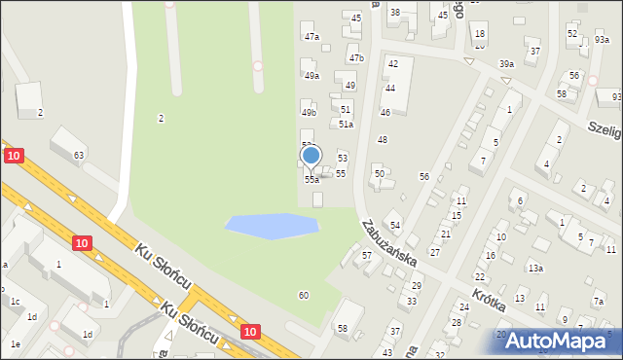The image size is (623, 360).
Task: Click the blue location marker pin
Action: pyautogui.click(x=311, y=156)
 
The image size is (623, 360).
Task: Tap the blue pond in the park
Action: pyautogui.click(x=272, y=226)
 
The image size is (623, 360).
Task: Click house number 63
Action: pyautogui.click(x=79, y=156)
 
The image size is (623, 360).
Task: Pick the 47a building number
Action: pyautogui.click(x=311, y=36)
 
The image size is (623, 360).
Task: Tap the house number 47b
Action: pyautogui.click(x=356, y=58)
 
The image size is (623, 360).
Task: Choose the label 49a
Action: pyautogui.click(x=311, y=75)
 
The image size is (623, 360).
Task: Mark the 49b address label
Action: pyautogui.click(x=309, y=112)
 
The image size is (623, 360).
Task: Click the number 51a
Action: pyautogui.click(x=345, y=125)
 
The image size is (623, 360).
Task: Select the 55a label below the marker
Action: pyautogui.click(x=311, y=180)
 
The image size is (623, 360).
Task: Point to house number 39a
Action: pyautogui.click(x=506, y=64)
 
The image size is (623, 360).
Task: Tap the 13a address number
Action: pyautogui.click(x=534, y=268)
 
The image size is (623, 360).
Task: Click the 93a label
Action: pyautogui.click(x=602, y=40)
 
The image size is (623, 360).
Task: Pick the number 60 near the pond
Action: pyautogui.click(x=304, y=295)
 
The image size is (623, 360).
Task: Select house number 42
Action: pyautogui.click(x=393, y=63)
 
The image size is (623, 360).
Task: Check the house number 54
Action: pyautogui.click(x=394, y=226)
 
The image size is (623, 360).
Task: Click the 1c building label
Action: pyautogui.click(x=15, y=302)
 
